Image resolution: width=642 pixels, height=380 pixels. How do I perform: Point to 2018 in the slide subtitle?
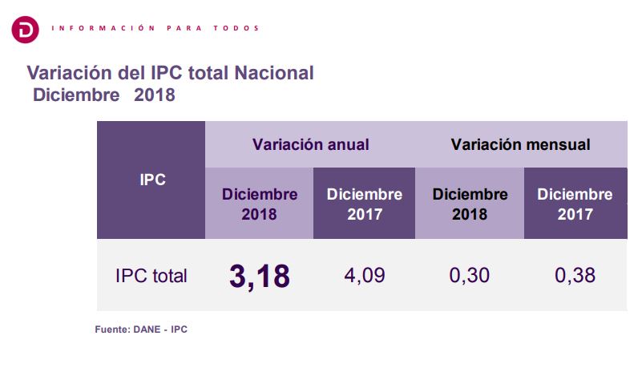154,95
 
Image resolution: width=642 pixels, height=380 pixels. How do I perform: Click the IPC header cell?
151,180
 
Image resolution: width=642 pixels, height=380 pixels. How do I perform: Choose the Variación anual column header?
310,145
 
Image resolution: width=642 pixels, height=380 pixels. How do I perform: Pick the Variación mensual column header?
520,145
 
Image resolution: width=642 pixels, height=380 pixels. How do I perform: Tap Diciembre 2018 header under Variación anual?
259,204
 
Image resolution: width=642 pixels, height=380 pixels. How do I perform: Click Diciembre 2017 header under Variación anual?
365,204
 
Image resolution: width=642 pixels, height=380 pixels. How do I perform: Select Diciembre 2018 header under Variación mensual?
470,204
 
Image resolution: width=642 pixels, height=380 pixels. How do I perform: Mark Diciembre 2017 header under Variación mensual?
575,204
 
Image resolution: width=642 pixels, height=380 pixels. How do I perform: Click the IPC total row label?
151,276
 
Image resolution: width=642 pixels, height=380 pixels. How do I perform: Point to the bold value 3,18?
259,275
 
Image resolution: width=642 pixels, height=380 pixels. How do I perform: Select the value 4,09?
364,276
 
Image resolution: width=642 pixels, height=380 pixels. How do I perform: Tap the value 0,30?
470,276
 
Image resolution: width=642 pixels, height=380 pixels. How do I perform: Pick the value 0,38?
575,276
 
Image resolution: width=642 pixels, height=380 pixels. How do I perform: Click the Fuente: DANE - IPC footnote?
141,329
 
